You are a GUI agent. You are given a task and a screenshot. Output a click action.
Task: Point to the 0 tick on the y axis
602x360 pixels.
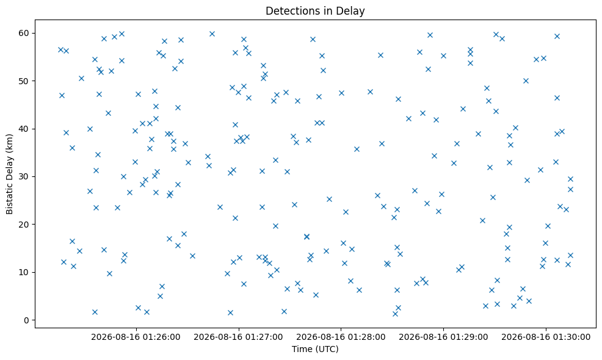click(x=26, y=320)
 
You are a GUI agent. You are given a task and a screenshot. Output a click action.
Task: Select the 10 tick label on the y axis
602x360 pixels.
click(x=24, y=273)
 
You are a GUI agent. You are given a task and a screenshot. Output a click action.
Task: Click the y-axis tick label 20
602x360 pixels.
click(x=24, y=225)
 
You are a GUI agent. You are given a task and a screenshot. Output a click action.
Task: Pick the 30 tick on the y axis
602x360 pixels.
click(x=24, y=176)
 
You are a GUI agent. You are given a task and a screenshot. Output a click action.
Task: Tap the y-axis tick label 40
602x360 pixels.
click(x=24, y=129)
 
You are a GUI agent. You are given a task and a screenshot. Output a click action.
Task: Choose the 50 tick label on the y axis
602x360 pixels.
click(x=24, y=81)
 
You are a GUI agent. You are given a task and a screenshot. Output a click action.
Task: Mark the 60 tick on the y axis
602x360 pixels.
click(x=24, y=33)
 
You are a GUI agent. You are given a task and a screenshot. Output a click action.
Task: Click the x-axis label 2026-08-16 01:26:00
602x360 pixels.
click(x=136, y=337)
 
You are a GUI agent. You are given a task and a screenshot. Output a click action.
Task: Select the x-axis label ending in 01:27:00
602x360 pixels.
click(x=239, y=337)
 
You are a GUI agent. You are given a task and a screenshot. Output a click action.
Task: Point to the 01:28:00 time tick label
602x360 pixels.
click(x=341, y=337)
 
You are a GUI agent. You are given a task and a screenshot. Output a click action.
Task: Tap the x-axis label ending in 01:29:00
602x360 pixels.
click(x=443, y=337)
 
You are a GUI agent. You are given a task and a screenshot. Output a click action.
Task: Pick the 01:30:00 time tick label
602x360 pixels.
click(x=546, y=337)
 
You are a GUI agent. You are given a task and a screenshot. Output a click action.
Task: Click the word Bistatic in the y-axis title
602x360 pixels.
click(x=9, y=198)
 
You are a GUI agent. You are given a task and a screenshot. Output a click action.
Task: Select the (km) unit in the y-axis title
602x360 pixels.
click(x=9, y=142)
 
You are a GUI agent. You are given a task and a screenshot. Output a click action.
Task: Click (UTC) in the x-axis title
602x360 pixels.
click(x=327, y=349)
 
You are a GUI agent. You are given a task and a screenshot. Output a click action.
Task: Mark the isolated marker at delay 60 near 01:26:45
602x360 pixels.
click(x=212, y=34)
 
